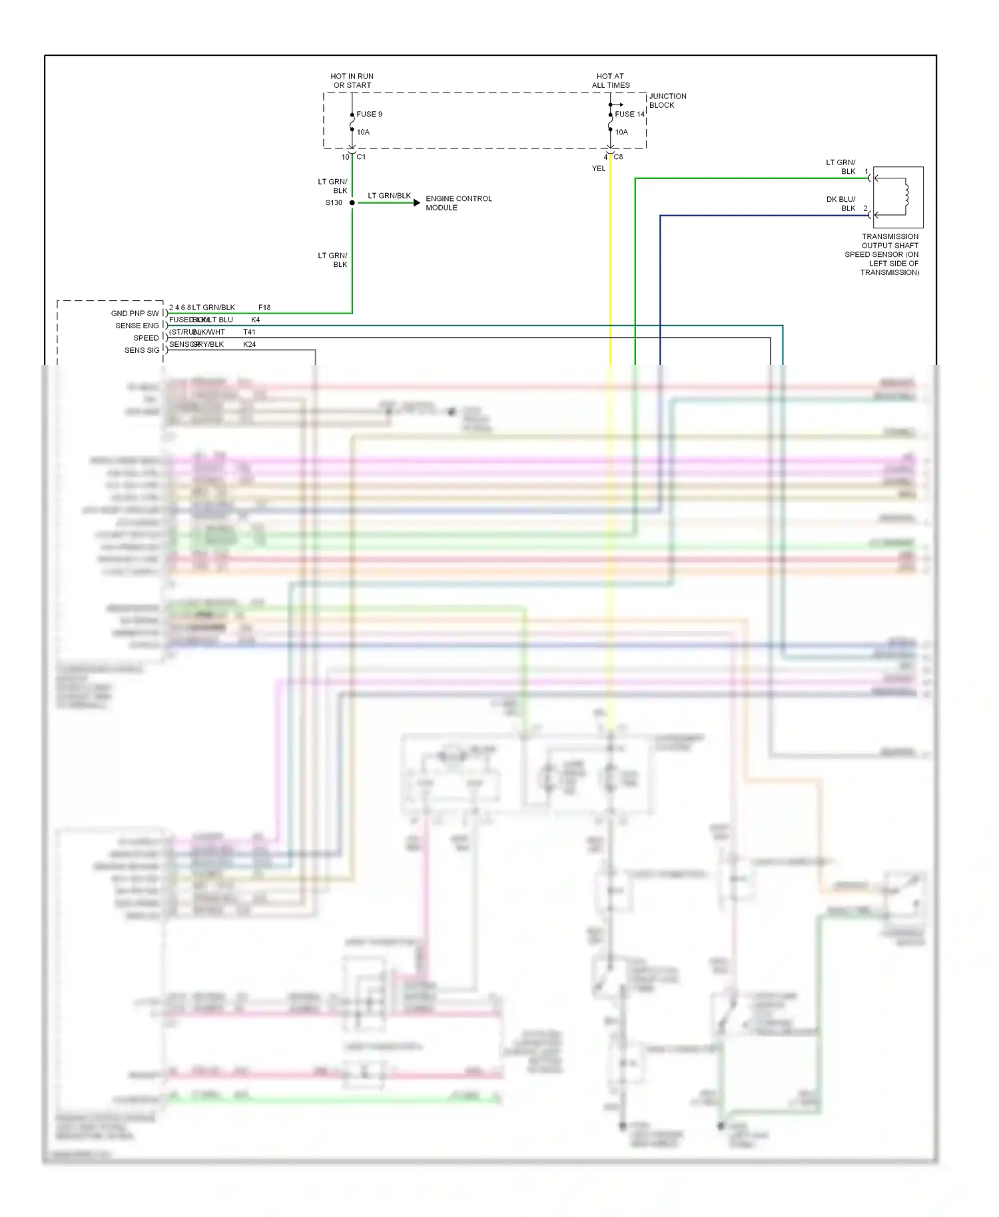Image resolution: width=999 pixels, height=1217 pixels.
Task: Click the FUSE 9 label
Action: click(x=369, y=114)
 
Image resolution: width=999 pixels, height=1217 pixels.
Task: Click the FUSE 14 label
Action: click(x=629, y=114)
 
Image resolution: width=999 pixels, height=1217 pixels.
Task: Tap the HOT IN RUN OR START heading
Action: click(x=352, y=81)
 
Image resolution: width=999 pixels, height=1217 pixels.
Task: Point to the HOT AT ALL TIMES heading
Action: click(x=610, y=81)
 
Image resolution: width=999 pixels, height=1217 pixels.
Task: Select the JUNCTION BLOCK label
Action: click(x=667, y=101)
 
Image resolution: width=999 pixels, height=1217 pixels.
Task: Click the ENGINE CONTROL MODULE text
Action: click(x=458, y=203)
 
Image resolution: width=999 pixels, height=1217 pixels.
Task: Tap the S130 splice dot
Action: click(x=352, y=202)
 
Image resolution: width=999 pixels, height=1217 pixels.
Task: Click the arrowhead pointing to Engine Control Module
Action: click(x=417, y=202)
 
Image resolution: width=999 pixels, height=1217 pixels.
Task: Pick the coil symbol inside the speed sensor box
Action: click(x=905, y=196)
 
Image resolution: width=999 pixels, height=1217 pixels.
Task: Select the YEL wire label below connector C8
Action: click(x=599, y=168)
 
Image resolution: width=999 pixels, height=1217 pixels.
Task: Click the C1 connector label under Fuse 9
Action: click(x=361, y=157)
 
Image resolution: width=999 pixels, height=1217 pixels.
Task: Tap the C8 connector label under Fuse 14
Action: click(x=618, y=157)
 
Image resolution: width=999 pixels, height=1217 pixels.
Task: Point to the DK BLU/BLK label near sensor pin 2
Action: click(x=840, y=204)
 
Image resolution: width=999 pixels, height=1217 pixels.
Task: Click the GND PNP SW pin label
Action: click(x=135, y=314)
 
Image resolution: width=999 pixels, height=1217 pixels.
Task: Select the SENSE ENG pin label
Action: click(x=137, y=326)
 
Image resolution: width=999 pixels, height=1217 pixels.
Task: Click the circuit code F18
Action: click(x=264, y=308)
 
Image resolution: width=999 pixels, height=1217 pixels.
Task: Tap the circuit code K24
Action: click(x=249, y=344)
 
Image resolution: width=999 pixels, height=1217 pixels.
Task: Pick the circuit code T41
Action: click(x=249, y=332)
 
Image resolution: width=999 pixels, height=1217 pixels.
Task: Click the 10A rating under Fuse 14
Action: click(x=621, y=132)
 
